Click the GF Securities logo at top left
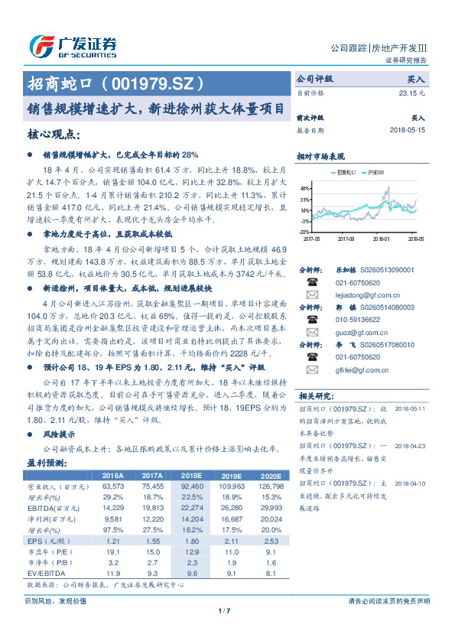click(72, 45)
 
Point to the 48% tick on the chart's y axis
click(304, 188)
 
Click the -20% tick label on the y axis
click(304, 231)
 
